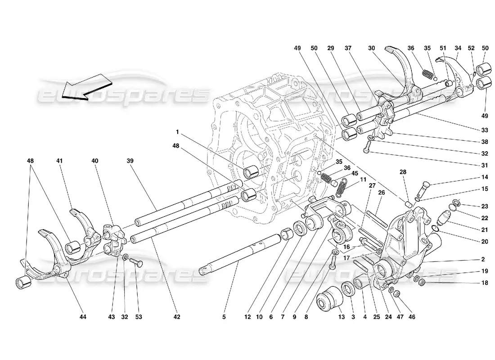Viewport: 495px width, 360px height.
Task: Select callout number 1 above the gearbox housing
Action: click(178, 132)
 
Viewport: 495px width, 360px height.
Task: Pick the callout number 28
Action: click(403, 172)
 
